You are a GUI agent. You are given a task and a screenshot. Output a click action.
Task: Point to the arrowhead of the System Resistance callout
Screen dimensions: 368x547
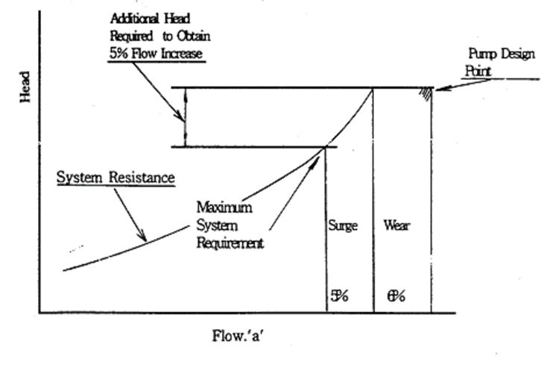pyautogui.click(x=146, y=238)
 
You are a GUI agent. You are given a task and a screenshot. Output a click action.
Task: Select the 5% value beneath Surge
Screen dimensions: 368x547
pyautogui.click(x=339, y=296)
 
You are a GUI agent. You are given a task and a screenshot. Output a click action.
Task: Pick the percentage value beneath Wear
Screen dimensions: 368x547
pyautogui.click(x=396, y=296)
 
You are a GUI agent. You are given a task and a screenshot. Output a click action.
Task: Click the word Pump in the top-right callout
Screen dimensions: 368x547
pyautogui.click(x=478, y=55)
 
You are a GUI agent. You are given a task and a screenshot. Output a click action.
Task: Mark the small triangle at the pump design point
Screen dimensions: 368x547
pyautogui.click(x=426, y=94)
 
